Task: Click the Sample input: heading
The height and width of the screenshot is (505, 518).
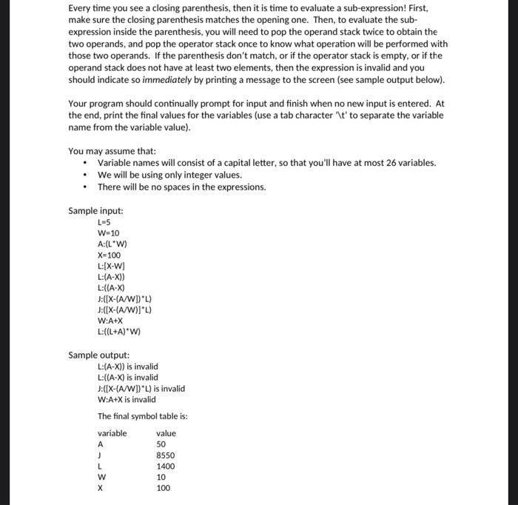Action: point(95,210)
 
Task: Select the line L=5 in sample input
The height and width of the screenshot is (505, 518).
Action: point(104,221)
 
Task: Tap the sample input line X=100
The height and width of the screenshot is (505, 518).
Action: point(108,255)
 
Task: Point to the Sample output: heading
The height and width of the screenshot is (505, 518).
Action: point(98,355)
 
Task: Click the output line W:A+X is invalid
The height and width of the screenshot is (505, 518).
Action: point(127,399)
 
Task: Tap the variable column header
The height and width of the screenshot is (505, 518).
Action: point(112,433)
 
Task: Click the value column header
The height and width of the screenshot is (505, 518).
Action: point(166,433)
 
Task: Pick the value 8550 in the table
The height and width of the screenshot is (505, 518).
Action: point(165,455)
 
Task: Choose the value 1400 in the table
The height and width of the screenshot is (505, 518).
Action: point(165,466)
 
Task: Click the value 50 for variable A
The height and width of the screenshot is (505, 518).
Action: point(161,444)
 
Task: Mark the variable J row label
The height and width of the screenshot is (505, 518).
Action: point(99,455)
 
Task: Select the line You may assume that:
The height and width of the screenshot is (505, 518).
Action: point(112,151)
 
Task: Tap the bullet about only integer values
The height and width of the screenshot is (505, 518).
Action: point(169,175)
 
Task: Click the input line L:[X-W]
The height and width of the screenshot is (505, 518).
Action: point(112,266)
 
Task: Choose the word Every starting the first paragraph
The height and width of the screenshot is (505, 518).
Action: point(80,8)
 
